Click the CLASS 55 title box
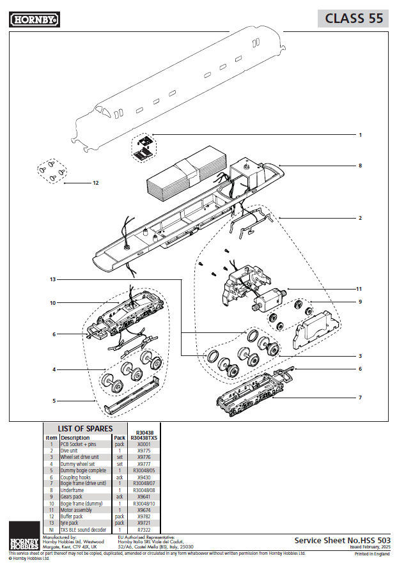point(354,19)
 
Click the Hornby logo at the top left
point(35,20)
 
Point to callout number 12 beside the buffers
point(95,183)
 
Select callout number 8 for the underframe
point(360,166)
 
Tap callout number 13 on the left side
point(52,280)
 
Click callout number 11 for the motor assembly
point(359,289)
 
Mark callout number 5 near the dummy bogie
point(54,401)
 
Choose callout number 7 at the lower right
point(360,398)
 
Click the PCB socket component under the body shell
point(144,148)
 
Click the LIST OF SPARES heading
point(85,428)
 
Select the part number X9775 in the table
point(144,451)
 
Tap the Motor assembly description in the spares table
point(76,509)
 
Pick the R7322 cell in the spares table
point(144,530)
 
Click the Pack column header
point(119,438)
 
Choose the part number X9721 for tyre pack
point(144,523)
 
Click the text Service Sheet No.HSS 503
point(342,540)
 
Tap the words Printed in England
point(373,554)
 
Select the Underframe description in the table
point(72,490)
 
